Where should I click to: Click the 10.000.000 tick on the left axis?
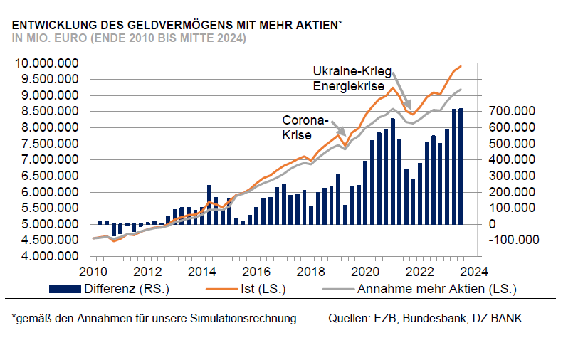[x=47, y=63]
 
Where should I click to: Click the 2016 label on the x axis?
[x=256, y=271]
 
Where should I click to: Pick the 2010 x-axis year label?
[x=93, y=271]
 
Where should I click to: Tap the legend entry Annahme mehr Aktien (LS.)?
[x=436, y=290]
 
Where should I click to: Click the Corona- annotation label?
[x=305, y=119]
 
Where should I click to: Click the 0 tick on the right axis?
[x=491, y=224]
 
